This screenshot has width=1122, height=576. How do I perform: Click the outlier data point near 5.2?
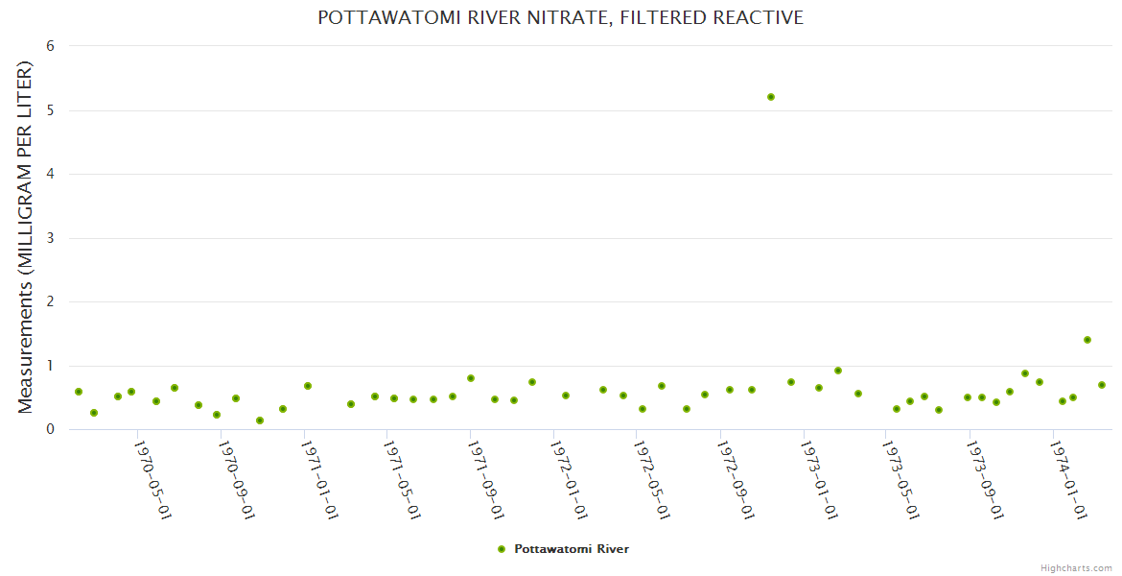(x=771, y=97)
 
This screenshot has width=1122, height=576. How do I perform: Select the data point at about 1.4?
(x=1087, y=340)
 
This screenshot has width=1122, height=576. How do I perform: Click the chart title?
(x=560, y=17)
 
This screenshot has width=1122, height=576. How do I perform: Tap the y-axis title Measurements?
(x=26, y=237)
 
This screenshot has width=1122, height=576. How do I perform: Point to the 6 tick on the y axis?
(x=50, y=46)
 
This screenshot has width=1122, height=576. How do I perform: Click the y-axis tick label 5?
(x=50, y=110)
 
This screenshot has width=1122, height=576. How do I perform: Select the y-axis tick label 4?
(x=50, y=174)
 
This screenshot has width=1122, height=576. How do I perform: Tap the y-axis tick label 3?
(x=50, y=238)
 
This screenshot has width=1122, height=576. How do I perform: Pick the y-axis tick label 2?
(x=50, y=301)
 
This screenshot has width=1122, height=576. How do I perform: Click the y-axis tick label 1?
(x=50, y=366)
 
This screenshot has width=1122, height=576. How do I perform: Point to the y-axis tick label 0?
(x=50, y=429)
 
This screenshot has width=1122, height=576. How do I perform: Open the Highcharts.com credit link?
(x=1076, y=567)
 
